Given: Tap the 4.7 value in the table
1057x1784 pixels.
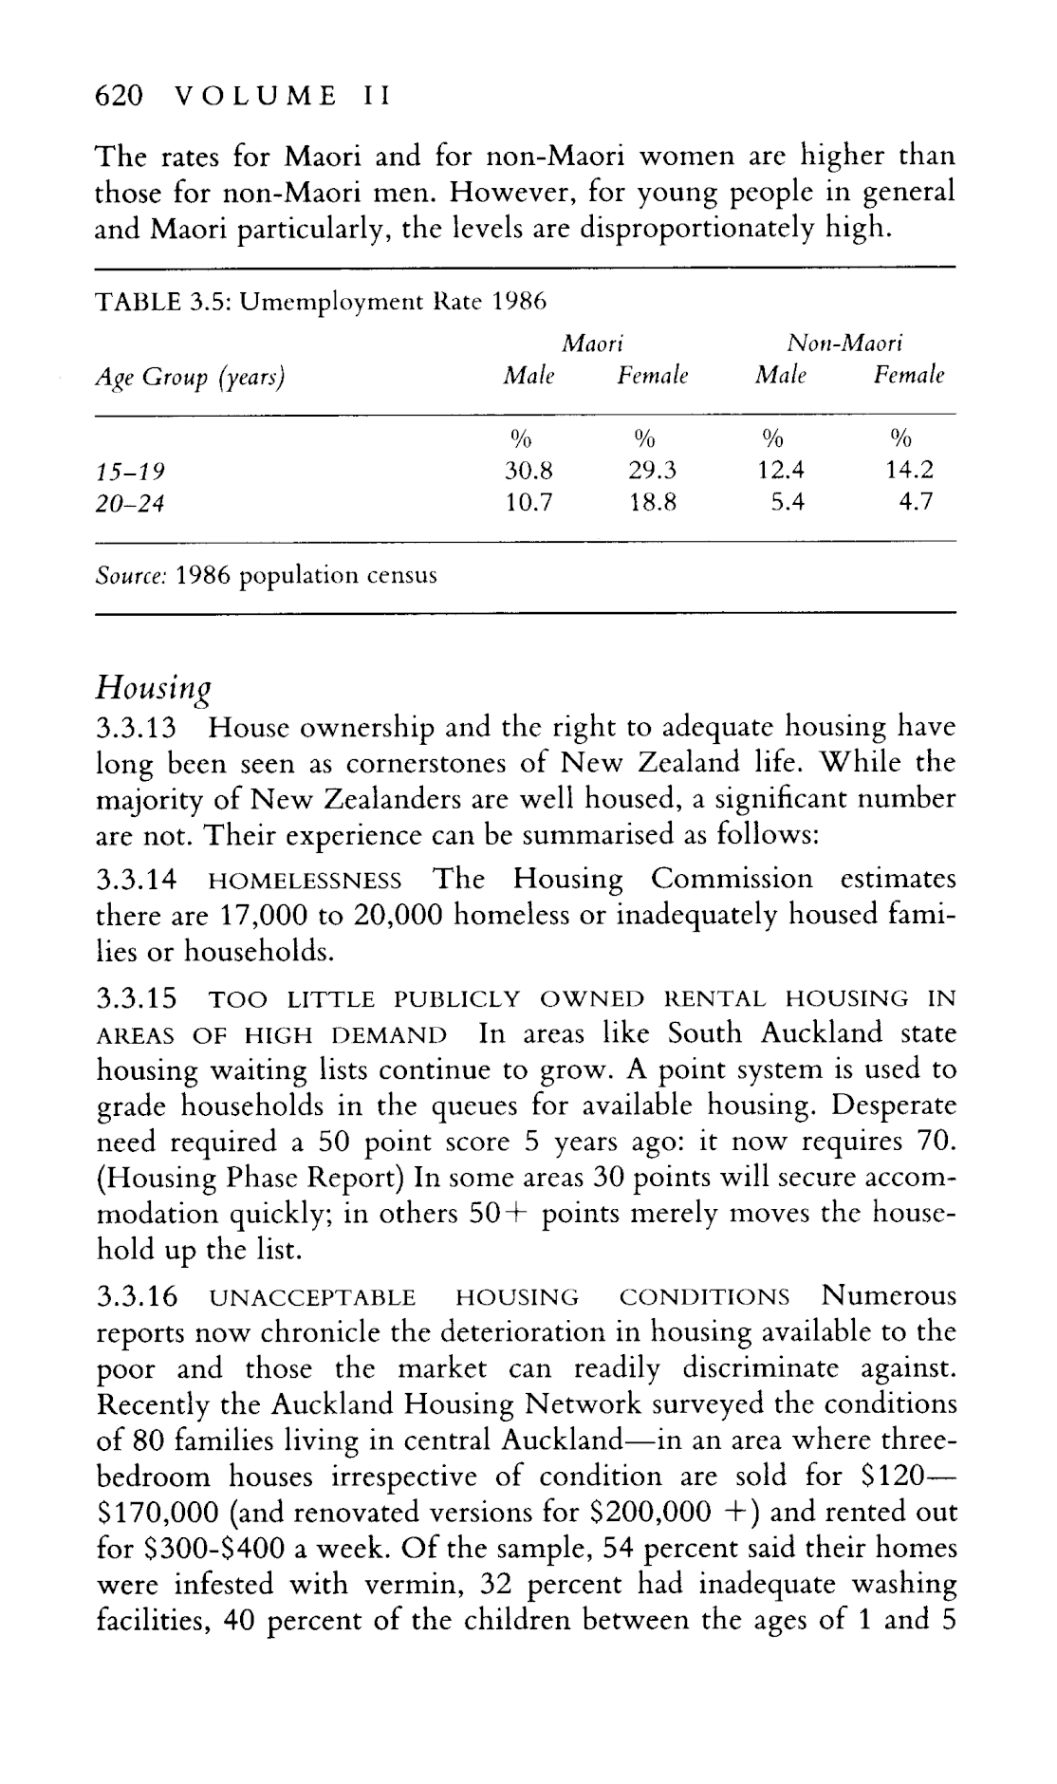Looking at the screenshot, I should click(x=917, y=503).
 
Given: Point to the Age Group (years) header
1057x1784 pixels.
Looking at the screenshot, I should click(x=191, y=378).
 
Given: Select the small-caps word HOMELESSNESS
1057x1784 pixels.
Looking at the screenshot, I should click(x=305, y=882).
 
